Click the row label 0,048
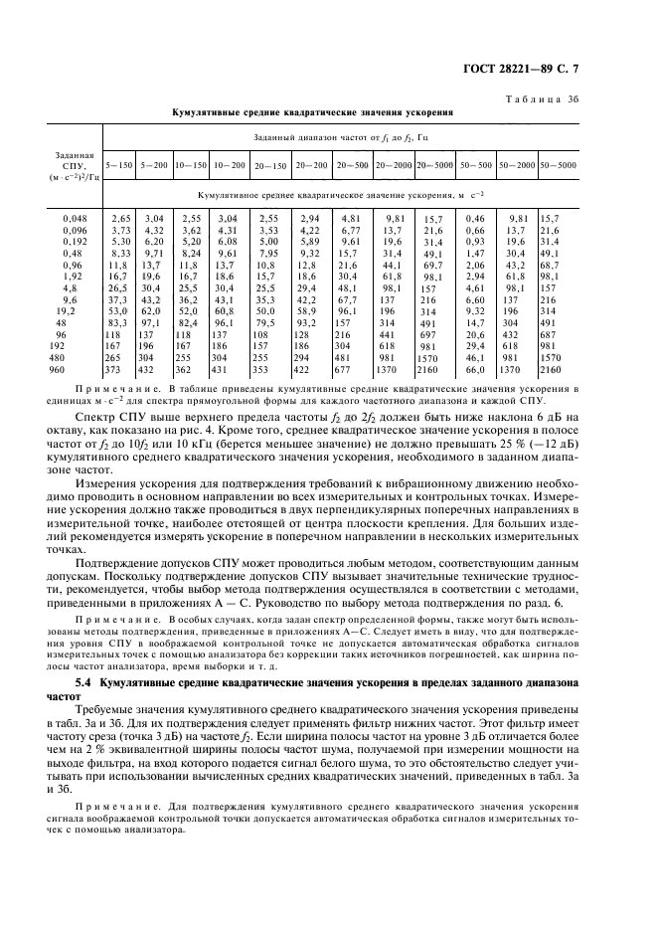(x=75, y=217)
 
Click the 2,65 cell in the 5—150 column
(x=120, y=217)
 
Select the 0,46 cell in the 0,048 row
(x=475, y=217)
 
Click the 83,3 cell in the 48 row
(x=118, y=323)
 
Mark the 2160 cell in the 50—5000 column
(x=552, y=370)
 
